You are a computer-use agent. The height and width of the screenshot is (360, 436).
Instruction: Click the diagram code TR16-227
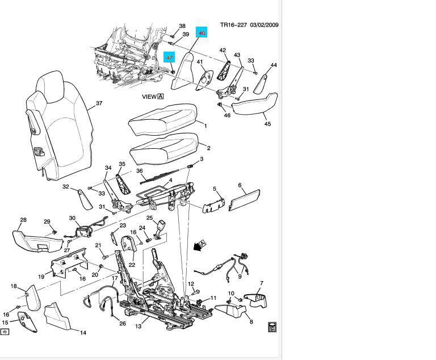(233, 25)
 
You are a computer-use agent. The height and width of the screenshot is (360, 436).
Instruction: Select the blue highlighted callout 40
(202, 33)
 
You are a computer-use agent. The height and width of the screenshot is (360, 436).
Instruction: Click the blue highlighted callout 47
(169, 58)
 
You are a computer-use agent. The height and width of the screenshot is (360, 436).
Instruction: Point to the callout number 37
(99, 103)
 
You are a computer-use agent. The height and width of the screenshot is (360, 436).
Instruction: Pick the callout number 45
(267, 124)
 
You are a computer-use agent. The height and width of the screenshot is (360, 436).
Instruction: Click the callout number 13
(138, 326)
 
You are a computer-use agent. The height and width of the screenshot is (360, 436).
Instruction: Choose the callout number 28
(23, 220)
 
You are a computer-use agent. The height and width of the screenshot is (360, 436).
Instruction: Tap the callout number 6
(240, 186)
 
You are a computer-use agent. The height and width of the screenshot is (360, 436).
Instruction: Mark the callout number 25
(150, 217)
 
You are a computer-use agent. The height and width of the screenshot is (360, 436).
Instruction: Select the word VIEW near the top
(149, 97)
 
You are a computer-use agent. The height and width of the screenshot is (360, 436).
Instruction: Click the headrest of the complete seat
(56, 88)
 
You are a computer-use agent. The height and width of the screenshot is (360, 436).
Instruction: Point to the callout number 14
(82, 333)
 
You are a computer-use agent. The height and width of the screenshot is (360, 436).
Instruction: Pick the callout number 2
(208, 148)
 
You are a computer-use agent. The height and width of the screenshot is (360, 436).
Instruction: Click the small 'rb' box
(5, 331)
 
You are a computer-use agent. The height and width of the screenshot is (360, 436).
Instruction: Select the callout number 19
(41, 277)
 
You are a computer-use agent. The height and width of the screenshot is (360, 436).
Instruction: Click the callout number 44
(274, 65)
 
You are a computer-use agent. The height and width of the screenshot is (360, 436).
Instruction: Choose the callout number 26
(122, 324)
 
